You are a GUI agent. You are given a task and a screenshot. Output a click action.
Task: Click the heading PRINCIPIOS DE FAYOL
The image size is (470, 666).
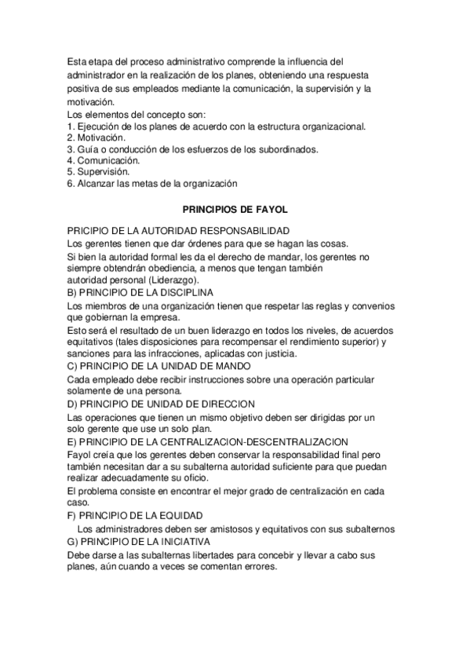click(x=235, y=210)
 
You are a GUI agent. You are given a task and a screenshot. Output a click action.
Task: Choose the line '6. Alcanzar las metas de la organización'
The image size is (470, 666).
click(x=151, y=183)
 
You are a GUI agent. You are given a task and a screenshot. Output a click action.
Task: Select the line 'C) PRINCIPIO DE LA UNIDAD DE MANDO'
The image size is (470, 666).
click(x=159, y=366)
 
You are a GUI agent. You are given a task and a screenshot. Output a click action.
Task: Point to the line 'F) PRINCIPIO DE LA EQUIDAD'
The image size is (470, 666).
click(x=136, y=515)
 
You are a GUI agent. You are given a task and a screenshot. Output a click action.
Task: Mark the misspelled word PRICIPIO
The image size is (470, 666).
click(x=89, y=230)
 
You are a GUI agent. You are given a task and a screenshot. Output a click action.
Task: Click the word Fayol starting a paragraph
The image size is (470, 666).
click(x=80, y=455)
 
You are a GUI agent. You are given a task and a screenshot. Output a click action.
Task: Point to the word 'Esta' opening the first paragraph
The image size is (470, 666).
click(x=77, y=60)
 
